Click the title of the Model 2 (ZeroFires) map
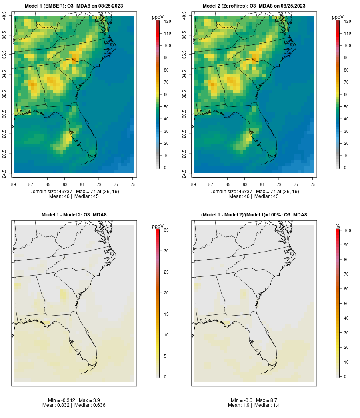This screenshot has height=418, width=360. click(x=254, y=6)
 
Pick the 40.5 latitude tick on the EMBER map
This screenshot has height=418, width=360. click(x=4, y=16)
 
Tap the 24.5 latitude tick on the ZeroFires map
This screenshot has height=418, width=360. click(x=184, y=173)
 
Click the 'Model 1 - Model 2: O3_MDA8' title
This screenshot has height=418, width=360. click(x=74, y=215)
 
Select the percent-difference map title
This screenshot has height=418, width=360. click(x=254, y=215)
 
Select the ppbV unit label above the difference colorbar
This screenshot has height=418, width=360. click(x=158, y=226)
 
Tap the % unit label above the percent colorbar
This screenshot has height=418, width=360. click(x=338, y=226)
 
